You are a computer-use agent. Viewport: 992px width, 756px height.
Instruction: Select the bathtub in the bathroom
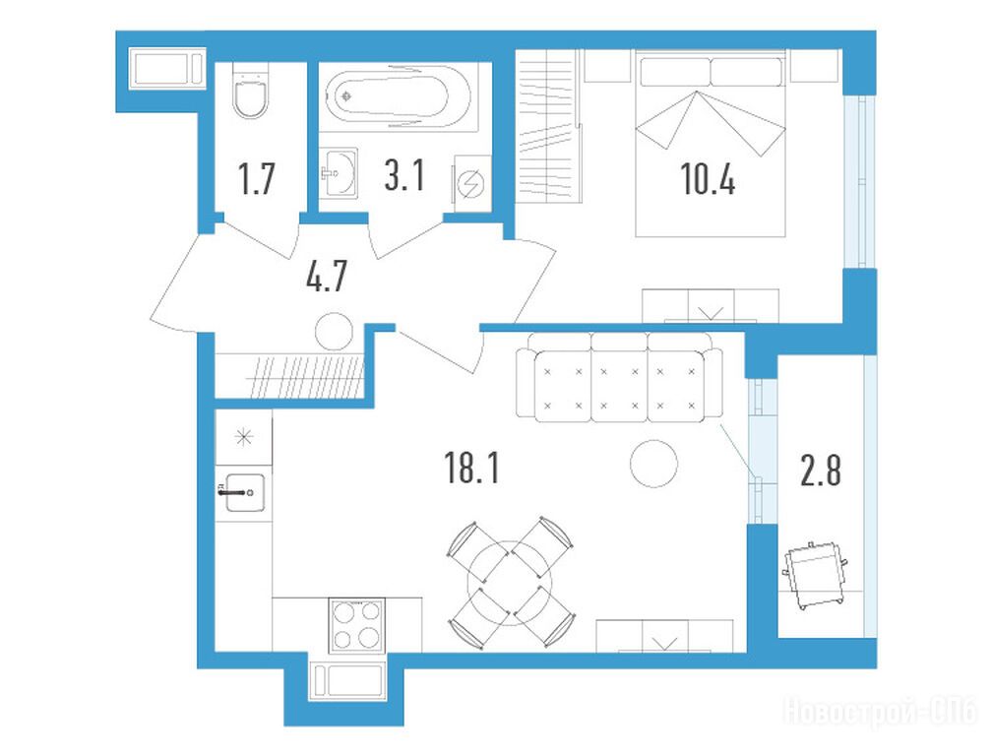tap(399, 97)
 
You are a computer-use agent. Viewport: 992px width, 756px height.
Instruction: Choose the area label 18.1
tap(472, 469)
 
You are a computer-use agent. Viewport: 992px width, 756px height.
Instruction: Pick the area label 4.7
tap(327, 276)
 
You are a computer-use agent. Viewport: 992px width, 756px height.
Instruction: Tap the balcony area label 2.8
tap(821, 472)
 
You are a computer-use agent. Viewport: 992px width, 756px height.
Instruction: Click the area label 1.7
tap(256, 178)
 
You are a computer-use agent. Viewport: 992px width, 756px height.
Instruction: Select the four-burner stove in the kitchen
tap(357, 625)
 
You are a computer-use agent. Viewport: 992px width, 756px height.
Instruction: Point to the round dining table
tap(510, 583)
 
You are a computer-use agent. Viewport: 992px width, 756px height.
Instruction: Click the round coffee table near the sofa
tap(654, 463)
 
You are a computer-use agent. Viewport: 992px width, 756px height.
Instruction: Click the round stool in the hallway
tap(334, 332)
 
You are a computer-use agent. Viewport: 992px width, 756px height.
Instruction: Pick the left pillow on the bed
tap(674, 72)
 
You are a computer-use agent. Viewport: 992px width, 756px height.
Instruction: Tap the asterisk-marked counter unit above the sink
tap(244, 437)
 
